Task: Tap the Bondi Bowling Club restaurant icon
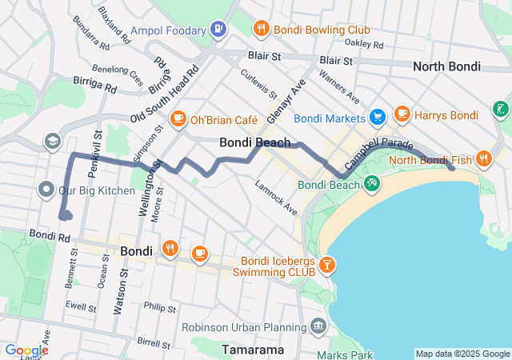[261, 30]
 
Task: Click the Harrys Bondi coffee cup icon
[402, 115]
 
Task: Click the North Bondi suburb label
[446, 66]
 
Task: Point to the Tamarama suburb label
[254, 350]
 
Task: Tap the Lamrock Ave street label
[276, 198]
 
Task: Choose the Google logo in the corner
[26, 350]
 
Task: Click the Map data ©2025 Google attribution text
[462, 354]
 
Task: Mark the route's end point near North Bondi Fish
[453, 168]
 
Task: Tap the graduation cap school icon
[53, 141]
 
